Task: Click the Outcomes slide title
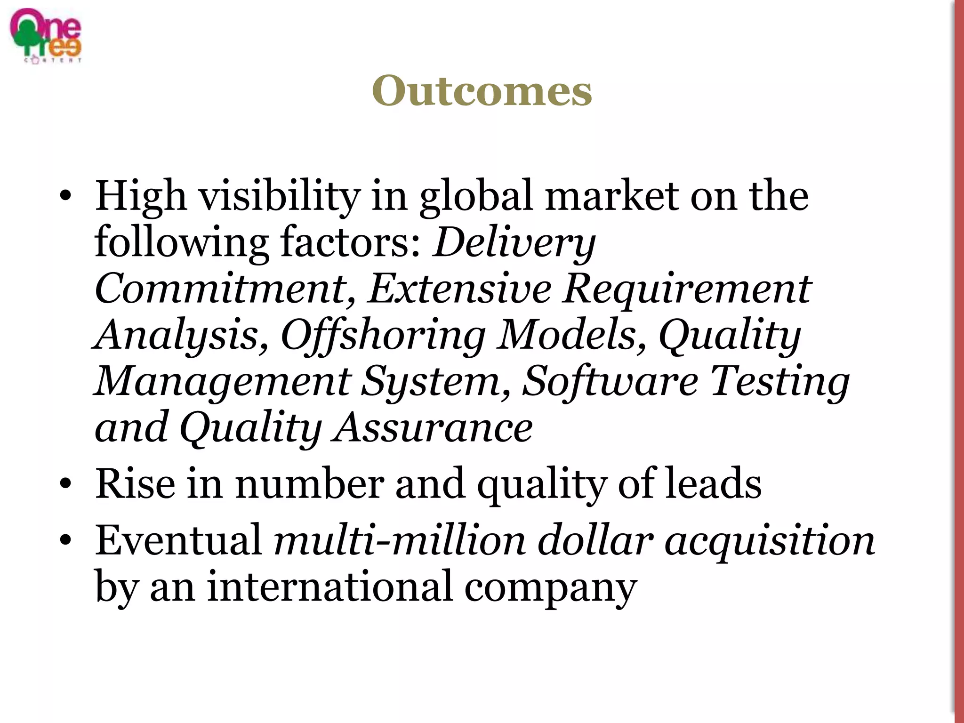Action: (482, 90)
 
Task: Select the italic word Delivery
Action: (514, 243)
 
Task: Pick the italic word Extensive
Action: (459, 288)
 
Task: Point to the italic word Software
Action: (610, 380)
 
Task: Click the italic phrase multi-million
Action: (400, 540)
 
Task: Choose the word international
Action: (329, 586)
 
